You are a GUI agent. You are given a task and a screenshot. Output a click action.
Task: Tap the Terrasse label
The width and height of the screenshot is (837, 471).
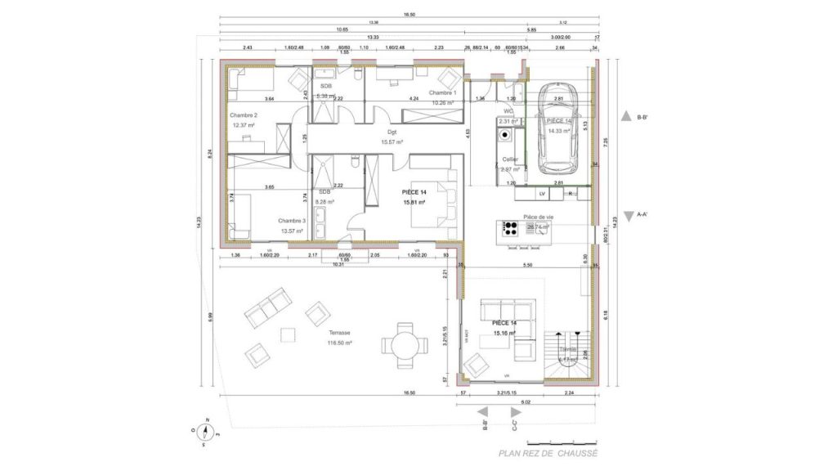340,333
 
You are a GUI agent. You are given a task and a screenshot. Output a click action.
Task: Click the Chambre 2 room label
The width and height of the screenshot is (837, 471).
244,115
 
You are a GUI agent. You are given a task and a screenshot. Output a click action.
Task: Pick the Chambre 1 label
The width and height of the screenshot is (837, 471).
444,93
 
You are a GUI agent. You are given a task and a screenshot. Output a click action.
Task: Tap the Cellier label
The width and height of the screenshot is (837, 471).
510,159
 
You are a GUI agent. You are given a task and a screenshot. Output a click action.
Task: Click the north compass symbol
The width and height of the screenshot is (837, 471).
207,433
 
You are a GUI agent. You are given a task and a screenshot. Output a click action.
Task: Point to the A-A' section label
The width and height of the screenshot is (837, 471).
642,215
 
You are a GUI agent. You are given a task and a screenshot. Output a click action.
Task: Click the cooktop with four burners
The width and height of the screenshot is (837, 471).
512,227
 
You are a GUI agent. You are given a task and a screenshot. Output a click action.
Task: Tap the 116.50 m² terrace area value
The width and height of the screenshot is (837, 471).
340,343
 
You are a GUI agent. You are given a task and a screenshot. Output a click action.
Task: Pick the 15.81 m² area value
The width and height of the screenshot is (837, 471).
414,200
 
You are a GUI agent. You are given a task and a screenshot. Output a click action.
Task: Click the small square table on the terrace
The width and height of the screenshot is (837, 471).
287,335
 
